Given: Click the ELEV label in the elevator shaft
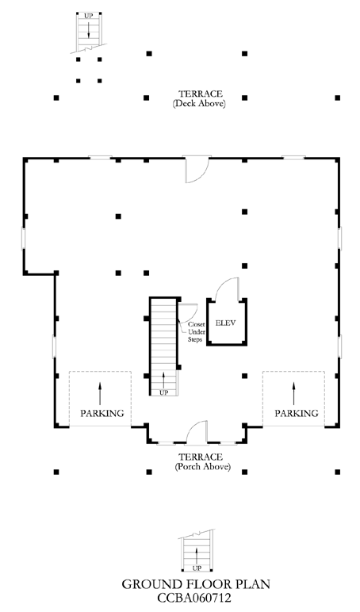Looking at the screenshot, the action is [x=226, y=323].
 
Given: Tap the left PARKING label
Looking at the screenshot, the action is [x=102, y=413].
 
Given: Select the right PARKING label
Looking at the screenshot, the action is [x=297, y=413].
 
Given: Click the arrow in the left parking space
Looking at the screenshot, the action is [x=100, y=393].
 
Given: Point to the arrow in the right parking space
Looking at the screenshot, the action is [x=293, y=393].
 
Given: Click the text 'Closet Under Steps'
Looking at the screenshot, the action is [x=196, y=332].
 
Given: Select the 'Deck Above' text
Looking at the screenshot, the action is [x=199, y=104].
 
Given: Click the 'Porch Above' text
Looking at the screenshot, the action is [x=203, y=467].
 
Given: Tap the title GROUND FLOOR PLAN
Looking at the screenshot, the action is [x=196, y=584].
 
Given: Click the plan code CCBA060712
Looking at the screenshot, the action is [x=194, y=598].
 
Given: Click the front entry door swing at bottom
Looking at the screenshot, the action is [x=197, y=431].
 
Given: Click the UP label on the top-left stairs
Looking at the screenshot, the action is [x=89, y=17].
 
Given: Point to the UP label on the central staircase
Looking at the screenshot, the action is [x=164, y=392].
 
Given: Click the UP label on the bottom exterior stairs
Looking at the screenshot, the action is [x=197, y=568].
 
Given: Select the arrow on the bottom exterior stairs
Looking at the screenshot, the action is [x=197, y=557].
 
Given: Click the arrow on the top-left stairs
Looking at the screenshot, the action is [x=89, y=29].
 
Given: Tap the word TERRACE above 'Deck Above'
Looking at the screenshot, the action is [x=201, y=94].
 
